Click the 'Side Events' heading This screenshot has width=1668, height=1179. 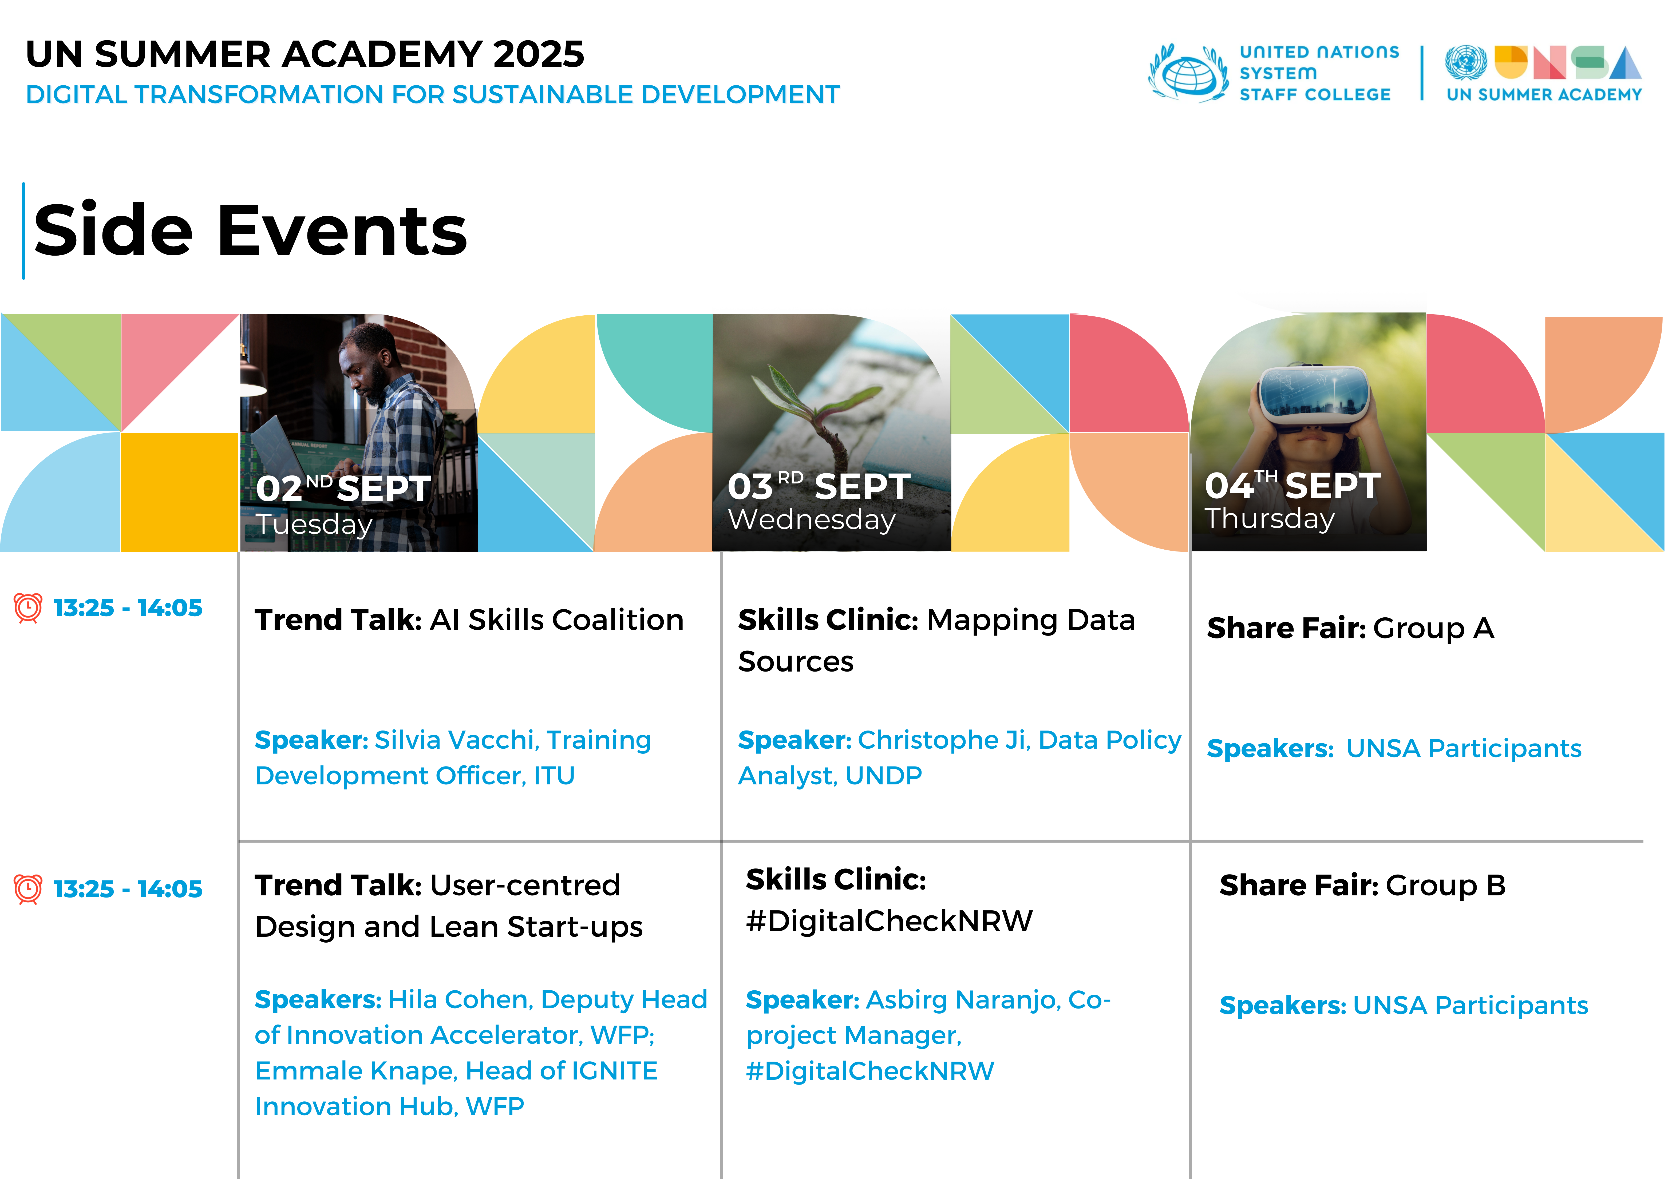[251, 230]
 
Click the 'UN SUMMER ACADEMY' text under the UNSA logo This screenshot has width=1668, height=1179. [1544, 94]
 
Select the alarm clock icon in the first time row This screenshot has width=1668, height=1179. [28, 607]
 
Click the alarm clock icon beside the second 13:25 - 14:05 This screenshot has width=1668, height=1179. [28, 888]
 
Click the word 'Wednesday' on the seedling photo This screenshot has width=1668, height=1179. [812, 519]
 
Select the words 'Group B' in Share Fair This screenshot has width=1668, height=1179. [1446, 886]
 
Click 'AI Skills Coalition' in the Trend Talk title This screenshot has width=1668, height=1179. [556, 620]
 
